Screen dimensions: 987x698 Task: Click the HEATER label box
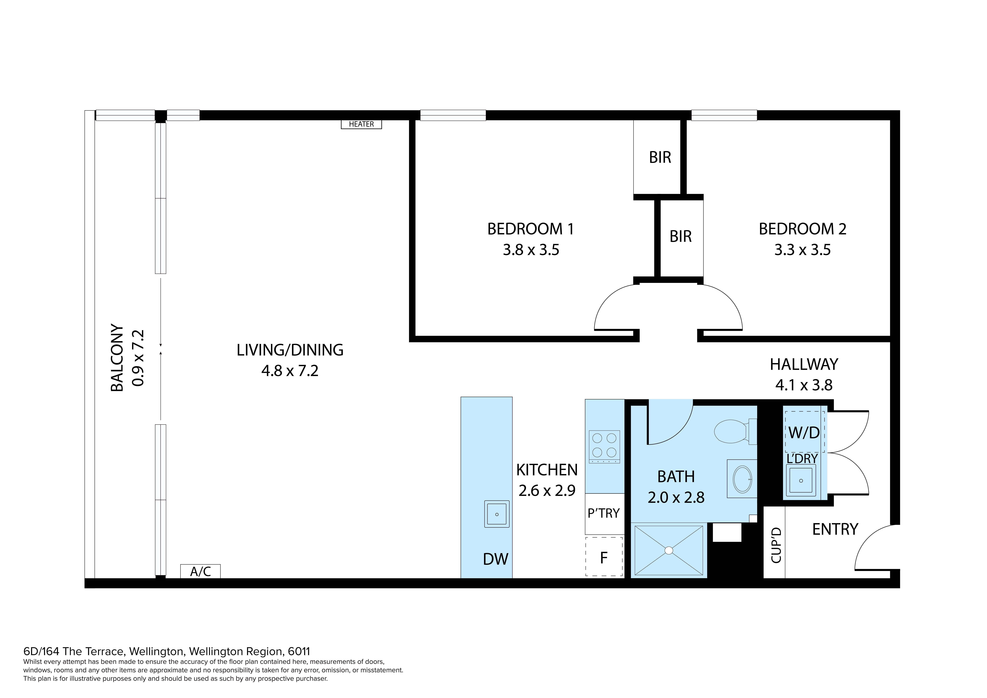(361, 124)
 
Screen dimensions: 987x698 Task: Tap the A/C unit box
(200, 571)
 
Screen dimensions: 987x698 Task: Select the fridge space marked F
(604, 557)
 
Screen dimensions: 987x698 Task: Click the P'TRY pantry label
(604, 513)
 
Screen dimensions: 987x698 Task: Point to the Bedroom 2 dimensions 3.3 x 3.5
(803, 250)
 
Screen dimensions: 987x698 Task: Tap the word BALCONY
(117, 358)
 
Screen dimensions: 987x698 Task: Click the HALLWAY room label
(804, 364)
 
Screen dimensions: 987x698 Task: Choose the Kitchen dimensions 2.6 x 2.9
(547, 490)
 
